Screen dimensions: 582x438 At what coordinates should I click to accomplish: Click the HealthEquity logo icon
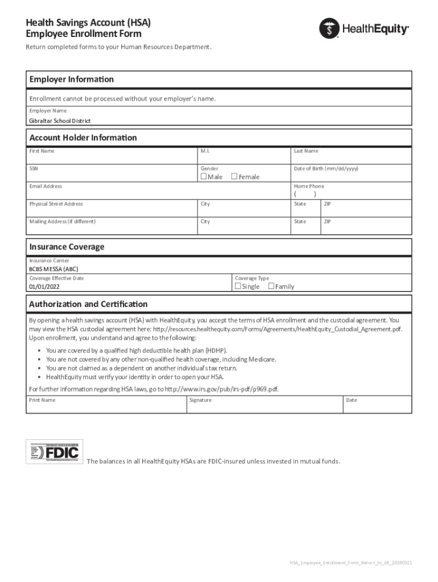tap(329, 28)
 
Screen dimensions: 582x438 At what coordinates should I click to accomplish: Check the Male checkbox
tap(204, 177)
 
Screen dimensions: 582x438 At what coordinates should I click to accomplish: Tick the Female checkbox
tap(234, 177)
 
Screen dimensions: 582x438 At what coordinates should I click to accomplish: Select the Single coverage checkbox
tap(238, 286)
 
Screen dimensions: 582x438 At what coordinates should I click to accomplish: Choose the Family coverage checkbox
tap(271, 286)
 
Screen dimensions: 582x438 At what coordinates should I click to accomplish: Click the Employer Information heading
tap(71, 79)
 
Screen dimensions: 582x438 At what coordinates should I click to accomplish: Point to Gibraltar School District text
tap(60, 121)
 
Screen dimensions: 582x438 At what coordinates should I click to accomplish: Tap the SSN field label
tap(34, 169)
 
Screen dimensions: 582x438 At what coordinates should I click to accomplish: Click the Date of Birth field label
tap(325, 169)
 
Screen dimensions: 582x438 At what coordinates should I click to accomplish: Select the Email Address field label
tap(46, 186)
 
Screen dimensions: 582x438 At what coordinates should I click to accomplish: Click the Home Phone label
tap(309, 186)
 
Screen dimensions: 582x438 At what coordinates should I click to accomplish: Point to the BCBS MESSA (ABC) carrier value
tap(54, 269)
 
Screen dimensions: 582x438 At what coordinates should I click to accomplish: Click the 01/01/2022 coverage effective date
tap(44, 287)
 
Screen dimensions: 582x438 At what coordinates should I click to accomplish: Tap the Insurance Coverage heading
tap(67, 247)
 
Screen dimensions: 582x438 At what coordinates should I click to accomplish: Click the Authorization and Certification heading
tap(88, 304)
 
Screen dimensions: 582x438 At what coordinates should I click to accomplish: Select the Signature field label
tap(201, 400)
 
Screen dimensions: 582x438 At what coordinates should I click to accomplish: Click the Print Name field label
tap(42, 400)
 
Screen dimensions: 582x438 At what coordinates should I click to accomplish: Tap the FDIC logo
tap(55, 452)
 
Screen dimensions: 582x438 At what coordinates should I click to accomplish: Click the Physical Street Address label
tap(56, 204)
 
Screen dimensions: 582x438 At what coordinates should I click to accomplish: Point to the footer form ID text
tap(351, 563)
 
